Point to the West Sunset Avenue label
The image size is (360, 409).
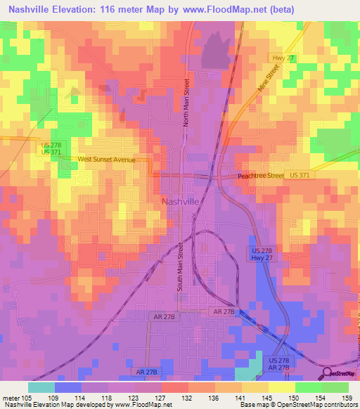(x=106, y=160)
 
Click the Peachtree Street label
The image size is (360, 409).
(x=260, y=176)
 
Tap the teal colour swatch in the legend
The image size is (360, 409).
(x=41, y=387)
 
